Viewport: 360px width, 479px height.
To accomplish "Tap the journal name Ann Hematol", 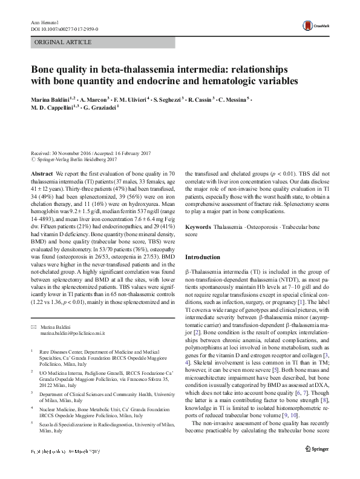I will [x=43, y=22].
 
